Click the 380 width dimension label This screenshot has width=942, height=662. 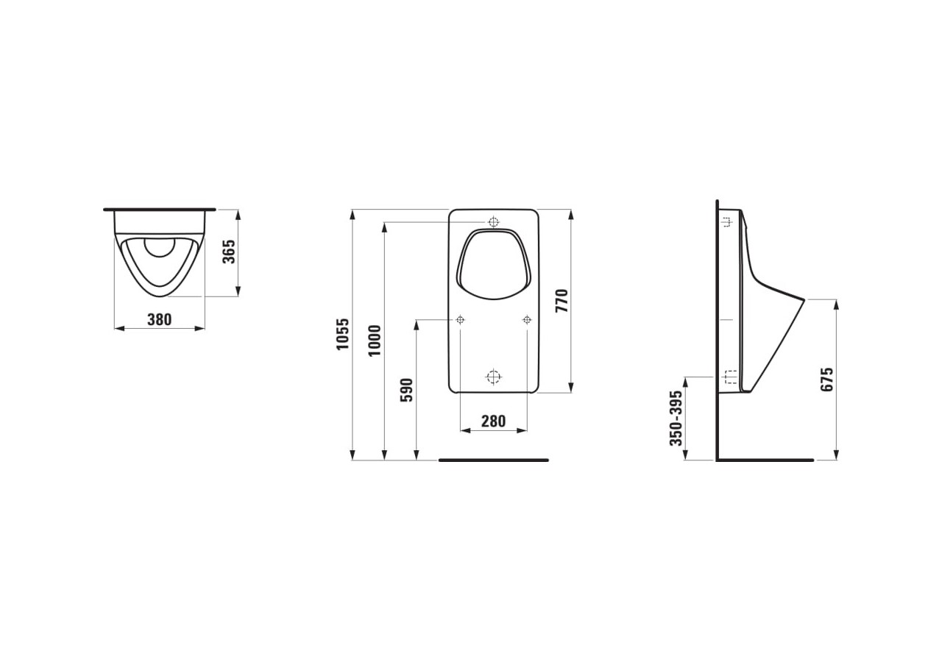pos(159,319)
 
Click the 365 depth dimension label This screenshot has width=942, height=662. pos(229,252)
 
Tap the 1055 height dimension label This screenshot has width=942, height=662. pos(343,334)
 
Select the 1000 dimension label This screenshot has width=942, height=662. pos(375,340)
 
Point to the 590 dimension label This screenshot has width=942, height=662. pos(406,390)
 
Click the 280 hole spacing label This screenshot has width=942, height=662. pos(493,421)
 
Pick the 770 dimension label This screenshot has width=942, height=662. pos(562,301)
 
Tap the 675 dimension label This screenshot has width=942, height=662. pos(827,380)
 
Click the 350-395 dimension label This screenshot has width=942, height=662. pos(676,418)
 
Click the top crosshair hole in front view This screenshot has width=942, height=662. pos(493,221)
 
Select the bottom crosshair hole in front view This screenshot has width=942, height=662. pos(493,377)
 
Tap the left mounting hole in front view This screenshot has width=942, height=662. pos(460,319)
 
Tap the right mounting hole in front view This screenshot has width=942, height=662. pos(527,319)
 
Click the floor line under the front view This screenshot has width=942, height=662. pos(493,460)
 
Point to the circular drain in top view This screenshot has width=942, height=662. pos(160,246)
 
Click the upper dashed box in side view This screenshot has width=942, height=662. pos(726,221)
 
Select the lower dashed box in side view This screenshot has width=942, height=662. pos(730,377)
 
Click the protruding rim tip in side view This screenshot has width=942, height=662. pos(803,299)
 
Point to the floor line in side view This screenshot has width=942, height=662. pos(765,460)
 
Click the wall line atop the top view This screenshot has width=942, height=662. pos(160,210)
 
